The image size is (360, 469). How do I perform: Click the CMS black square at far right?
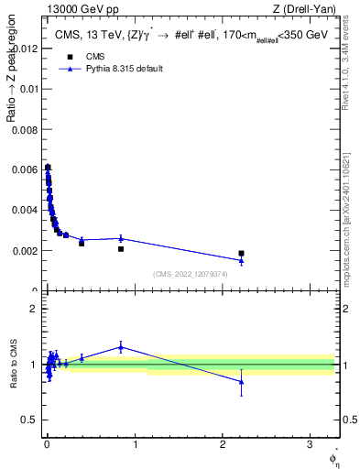tap(241, 253)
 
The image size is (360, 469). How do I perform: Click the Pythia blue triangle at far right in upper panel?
tap(241, 261)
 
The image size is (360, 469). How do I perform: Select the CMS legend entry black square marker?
tap(70, 57)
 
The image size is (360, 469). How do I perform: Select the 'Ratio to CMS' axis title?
tap(13, 365)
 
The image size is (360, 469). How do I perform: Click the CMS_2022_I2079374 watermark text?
tap(191, 274)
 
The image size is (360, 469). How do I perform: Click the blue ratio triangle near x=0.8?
tap(121, 347)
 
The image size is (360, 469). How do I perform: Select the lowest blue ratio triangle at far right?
tap(241, 382)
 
